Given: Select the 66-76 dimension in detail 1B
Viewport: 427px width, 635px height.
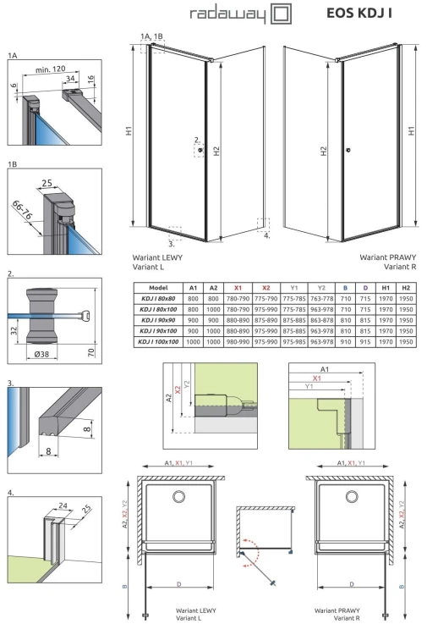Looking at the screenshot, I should point(23,207).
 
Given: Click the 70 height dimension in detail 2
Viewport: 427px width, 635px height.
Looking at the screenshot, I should point(97,326).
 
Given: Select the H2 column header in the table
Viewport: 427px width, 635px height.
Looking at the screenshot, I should point(407,288).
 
